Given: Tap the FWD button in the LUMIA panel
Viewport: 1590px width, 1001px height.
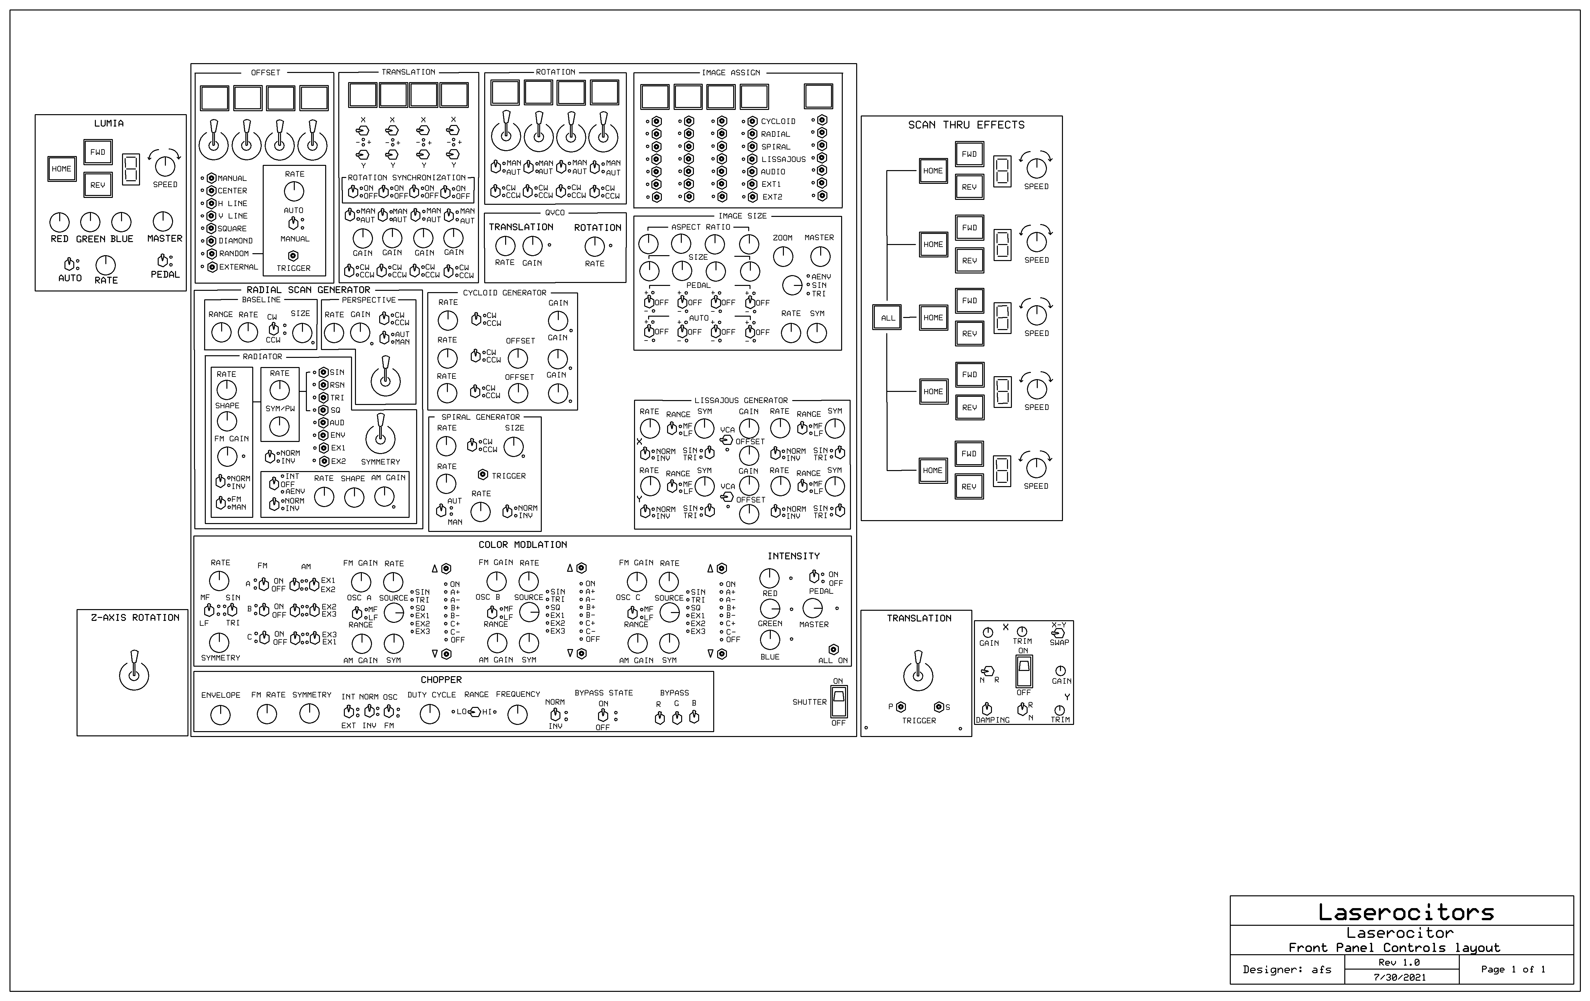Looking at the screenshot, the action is (98, 152).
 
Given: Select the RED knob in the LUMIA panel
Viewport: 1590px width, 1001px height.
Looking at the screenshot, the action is (60, 222).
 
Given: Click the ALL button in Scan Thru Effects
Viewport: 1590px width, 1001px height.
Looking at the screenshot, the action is (888, 318).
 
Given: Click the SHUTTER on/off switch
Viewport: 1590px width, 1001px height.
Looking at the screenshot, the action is (839, 701).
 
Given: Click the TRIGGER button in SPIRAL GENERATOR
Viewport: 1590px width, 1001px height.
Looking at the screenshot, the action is (483, 475).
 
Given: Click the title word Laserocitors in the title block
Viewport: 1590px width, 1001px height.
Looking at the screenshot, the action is (1406, 913).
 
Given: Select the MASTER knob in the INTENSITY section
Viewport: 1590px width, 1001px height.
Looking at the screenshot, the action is (813, 608).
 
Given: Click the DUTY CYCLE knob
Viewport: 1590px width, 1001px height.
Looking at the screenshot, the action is (430, 714).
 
